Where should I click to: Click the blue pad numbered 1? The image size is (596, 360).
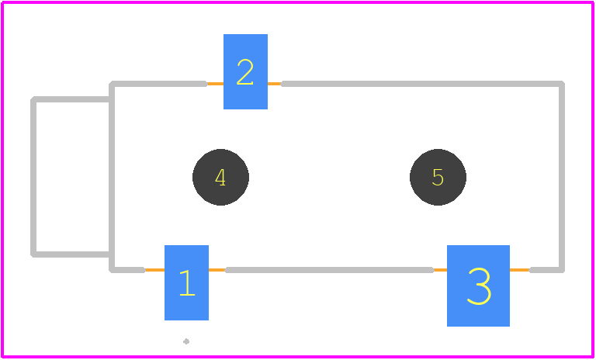(186, 282)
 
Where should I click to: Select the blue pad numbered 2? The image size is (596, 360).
(245, 71)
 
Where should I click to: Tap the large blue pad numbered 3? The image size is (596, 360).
(478, 286)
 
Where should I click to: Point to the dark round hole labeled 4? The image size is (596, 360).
(220, 177)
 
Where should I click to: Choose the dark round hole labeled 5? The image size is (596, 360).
(438, 177)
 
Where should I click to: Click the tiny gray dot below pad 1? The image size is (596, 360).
(186, 341)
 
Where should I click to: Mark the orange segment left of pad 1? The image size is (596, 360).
(154, 270)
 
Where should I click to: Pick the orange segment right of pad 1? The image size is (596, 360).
(217, 270)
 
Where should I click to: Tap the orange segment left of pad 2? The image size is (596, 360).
(215, 84)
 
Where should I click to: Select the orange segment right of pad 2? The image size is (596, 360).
(275, 84)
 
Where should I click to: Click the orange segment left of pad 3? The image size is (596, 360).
(440, 270)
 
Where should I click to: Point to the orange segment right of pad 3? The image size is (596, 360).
(520, 270)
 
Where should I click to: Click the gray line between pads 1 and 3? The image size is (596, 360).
(329, 270)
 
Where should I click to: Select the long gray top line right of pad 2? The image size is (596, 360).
(422, 84)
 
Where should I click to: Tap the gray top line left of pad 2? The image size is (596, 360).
(159, 84)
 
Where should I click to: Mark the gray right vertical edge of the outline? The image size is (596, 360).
(562, 177)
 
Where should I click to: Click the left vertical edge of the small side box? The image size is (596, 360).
(33, 177)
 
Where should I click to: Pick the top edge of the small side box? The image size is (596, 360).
(71, 99)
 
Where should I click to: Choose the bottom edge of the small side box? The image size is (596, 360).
(71, 254)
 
